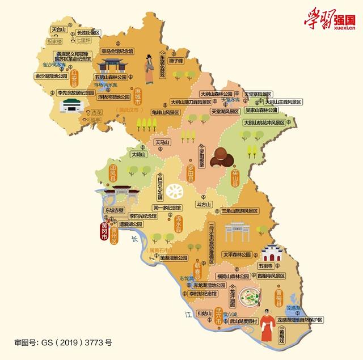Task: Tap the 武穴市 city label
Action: coord(219,316)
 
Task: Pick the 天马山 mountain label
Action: coord(164,142)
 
